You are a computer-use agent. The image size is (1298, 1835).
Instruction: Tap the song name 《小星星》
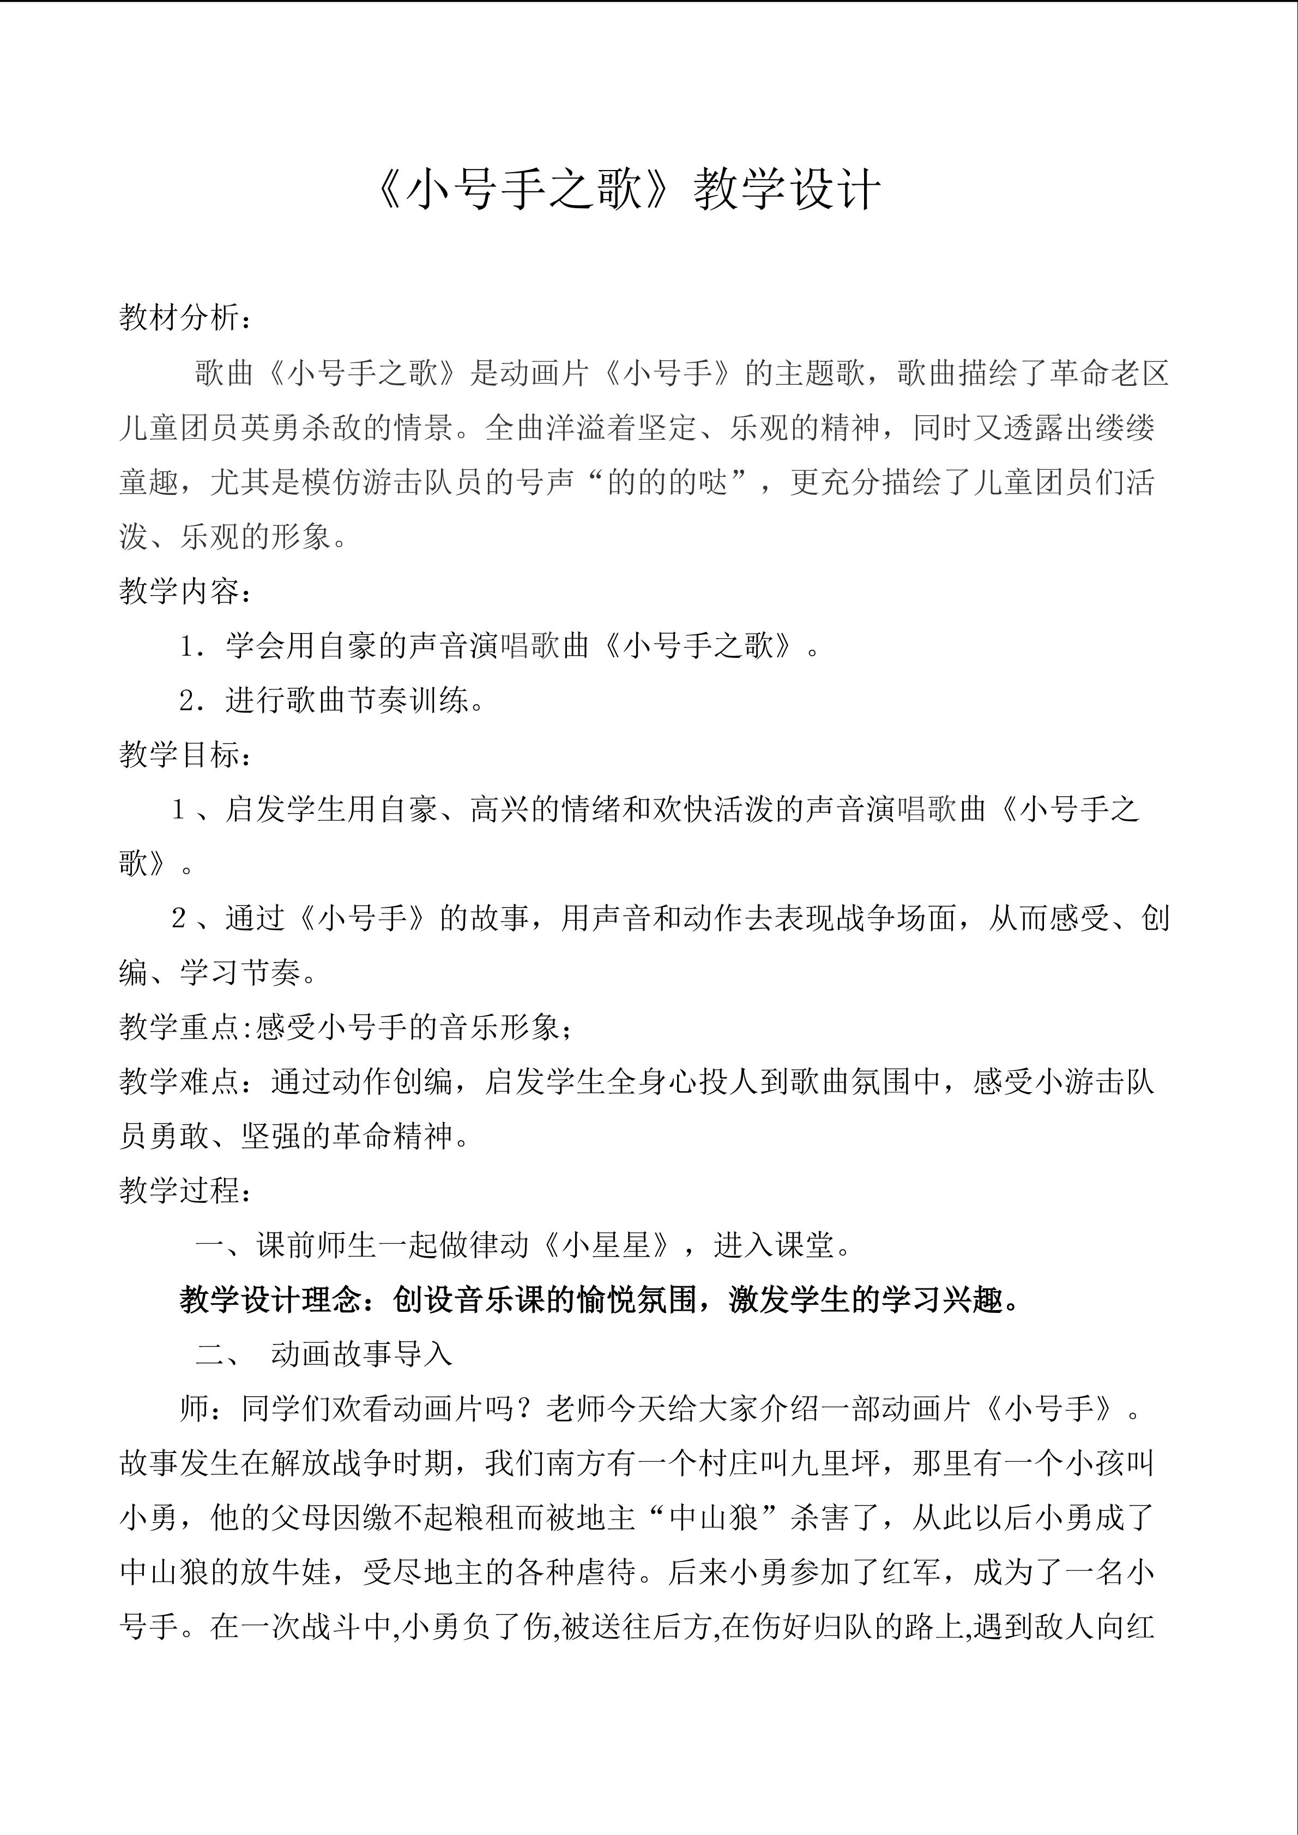(607, 1245)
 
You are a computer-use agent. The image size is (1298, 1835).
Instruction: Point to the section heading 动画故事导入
(361, 1354)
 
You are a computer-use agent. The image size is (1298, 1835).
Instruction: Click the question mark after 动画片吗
(528, 1409)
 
